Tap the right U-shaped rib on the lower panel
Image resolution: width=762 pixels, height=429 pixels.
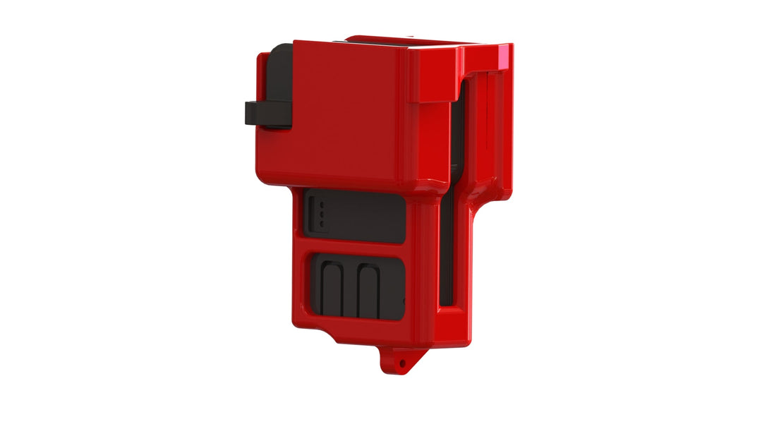(368, 289)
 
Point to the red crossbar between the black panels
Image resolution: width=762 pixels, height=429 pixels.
(353, 248)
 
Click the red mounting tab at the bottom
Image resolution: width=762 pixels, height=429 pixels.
(399, 361)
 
